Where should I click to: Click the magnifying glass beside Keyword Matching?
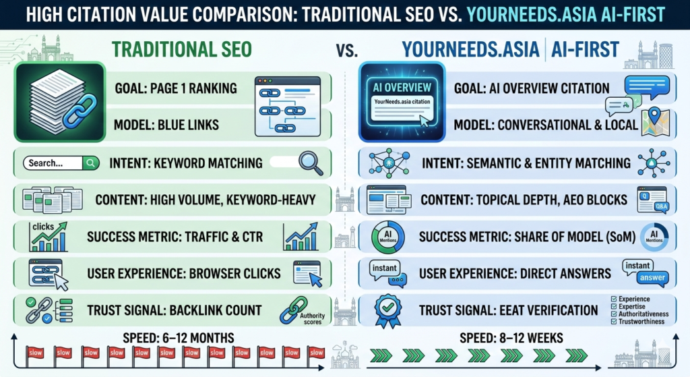[x=309, y=163]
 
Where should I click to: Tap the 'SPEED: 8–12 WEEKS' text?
[x=510, y=338]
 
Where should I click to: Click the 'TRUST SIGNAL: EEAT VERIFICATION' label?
[x=508, y=310]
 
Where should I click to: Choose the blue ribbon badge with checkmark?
[x=387, y=309]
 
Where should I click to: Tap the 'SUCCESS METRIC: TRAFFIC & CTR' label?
[x=175, y=237]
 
